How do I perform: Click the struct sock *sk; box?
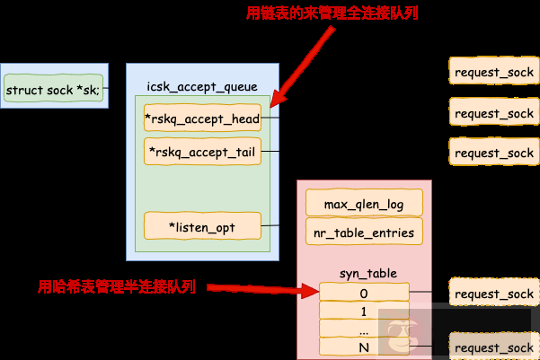[x=54, y=90]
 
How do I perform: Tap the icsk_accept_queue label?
[x=202, y=87]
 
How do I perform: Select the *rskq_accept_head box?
[x=202, y=118]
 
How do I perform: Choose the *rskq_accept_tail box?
[x=202, y=151]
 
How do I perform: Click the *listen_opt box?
[x=202, y=227]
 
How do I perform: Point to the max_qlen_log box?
[x=364, y=204]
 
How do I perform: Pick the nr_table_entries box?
[x=364, y=233]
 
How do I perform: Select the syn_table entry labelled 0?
[x=364, y=293]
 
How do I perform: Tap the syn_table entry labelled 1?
[x=364, y=312]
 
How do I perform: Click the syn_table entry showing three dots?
[x=364, y=329]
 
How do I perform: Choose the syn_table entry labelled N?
[x=364, y=347]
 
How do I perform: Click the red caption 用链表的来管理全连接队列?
[x=332, y=13]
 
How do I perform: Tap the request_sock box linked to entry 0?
[x=494, y=294]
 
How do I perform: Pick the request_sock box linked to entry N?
[x=494, y=347]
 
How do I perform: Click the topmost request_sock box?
[x=494, y=72]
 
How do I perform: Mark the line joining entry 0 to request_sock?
[x=429, y=293]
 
